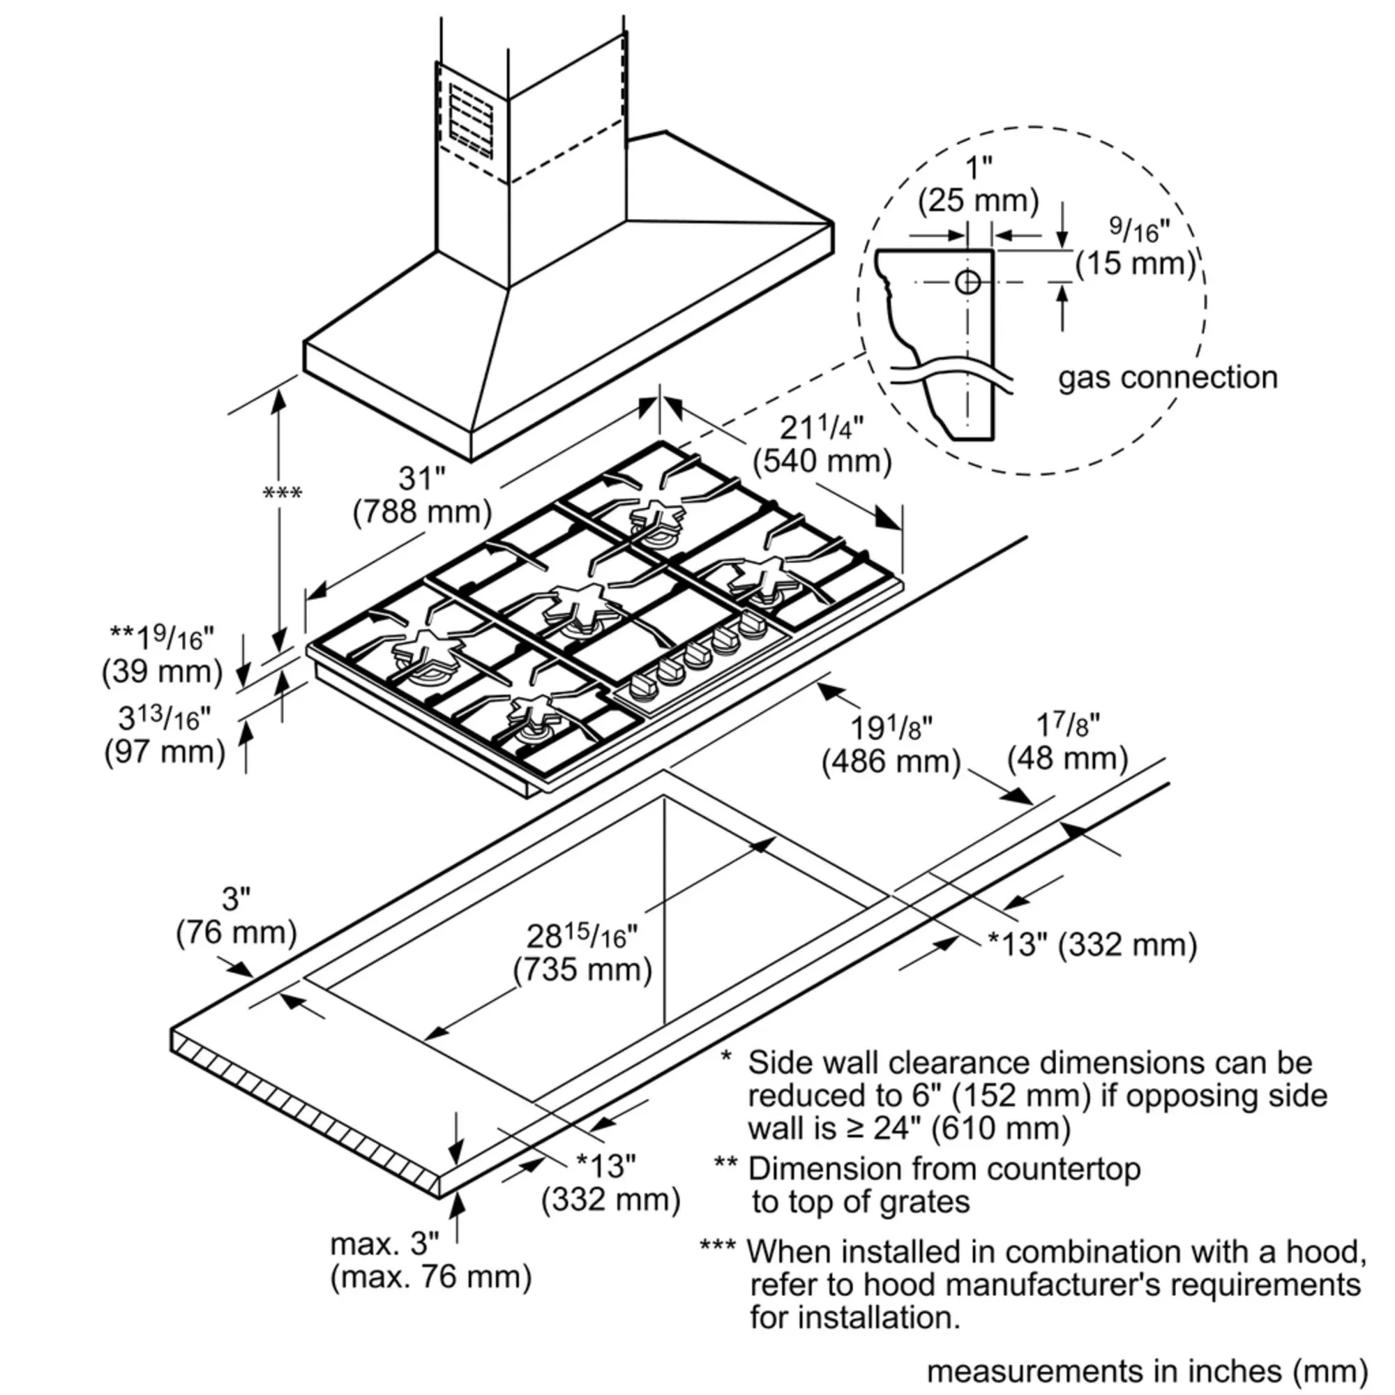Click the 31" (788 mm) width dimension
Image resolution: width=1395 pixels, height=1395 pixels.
point(422,496)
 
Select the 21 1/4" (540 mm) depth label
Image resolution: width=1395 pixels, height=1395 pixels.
point(822,445)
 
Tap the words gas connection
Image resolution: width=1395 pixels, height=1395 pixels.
point(1167,377)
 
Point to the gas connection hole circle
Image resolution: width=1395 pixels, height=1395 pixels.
point(967,282)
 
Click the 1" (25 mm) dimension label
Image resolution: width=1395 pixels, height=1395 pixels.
point(978,184)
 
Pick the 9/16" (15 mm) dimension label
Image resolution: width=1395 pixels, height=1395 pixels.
point(1136,248)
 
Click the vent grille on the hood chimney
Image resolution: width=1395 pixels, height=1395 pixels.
point(471,121)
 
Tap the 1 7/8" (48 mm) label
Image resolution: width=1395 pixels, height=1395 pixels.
point(1067,741)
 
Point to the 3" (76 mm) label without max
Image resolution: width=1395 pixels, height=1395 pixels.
point(236,916)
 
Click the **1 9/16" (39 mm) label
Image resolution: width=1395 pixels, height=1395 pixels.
point(163,655)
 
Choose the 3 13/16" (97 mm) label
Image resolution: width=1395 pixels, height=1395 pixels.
point(165,735)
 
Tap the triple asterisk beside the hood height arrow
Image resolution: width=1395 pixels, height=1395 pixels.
point(282,494)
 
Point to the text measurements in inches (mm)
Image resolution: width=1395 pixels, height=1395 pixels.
point(1147,1371)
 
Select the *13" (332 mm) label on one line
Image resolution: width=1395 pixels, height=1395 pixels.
point(1092,944)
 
